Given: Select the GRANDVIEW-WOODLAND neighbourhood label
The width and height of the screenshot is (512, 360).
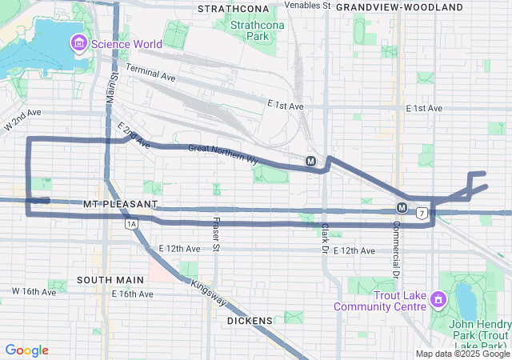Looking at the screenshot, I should (399, 7).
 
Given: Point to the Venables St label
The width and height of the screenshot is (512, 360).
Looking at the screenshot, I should (307, 6).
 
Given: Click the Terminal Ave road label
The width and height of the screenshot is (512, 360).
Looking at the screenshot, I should (150, 74).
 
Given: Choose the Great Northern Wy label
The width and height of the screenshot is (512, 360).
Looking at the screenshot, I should (223, 154).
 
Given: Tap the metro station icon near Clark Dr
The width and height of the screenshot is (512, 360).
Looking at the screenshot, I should (310, 161).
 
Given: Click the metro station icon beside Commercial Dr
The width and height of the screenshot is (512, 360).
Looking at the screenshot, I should (402, 209).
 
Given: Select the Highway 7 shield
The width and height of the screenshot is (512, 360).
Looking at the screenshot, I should (421, 213).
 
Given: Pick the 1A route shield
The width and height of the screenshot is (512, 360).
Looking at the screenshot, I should (130, 226).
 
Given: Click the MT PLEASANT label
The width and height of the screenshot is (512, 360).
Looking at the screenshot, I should (120, 205).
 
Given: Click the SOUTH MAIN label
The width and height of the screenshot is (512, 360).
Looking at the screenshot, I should (110, 280).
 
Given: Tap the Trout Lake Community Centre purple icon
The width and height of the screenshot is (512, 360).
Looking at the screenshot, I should (437, 300).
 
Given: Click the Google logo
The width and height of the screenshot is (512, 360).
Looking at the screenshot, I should (27, 350).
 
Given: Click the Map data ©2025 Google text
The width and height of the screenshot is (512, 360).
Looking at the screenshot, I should (462, 354).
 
